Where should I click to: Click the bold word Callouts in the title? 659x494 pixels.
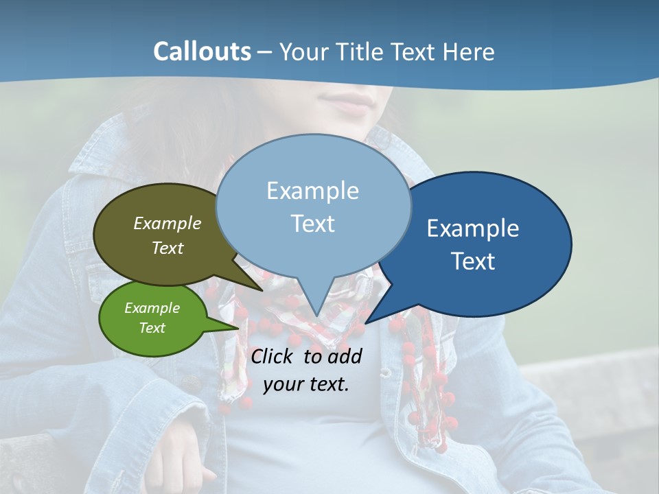[202, 51]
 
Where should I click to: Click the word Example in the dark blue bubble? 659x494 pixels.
[473, 228]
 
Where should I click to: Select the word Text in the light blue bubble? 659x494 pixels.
[313, 224]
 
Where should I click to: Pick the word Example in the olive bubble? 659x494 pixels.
[167, 223]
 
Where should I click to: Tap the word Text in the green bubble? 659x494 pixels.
[152, 328]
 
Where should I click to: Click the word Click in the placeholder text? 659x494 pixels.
[274, 356]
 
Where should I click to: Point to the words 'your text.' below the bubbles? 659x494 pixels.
[306, 384]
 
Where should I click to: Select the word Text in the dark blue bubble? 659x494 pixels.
[473, 261]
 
